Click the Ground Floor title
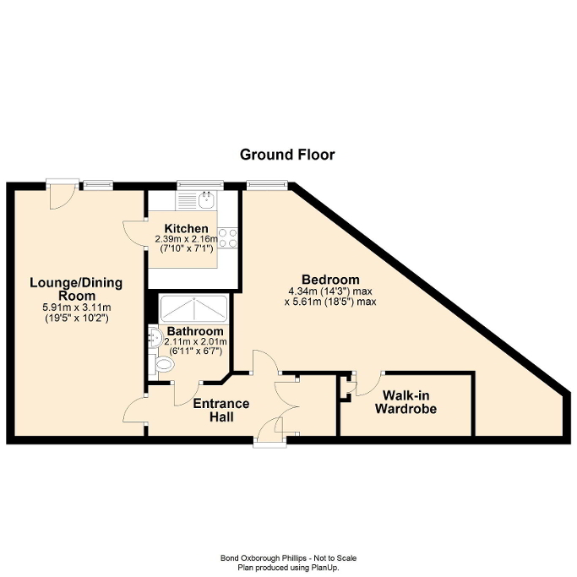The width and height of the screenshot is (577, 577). pos(287,155)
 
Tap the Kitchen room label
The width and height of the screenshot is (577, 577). pos(186,229)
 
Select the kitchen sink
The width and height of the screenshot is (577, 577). pos(205,200)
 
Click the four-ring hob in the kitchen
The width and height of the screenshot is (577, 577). pos(227,237)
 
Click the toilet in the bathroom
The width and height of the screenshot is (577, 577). pos(164,364)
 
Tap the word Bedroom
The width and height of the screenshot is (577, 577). pos(330,280)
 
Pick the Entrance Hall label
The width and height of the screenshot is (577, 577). pos(221,410)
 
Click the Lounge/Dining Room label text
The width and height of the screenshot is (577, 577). pos(76,289)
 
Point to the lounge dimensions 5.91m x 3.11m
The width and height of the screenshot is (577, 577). pos(76,308)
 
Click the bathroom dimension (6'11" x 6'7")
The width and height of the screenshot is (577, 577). pos(195,351)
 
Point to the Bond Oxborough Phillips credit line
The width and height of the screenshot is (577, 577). pos(288,558)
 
